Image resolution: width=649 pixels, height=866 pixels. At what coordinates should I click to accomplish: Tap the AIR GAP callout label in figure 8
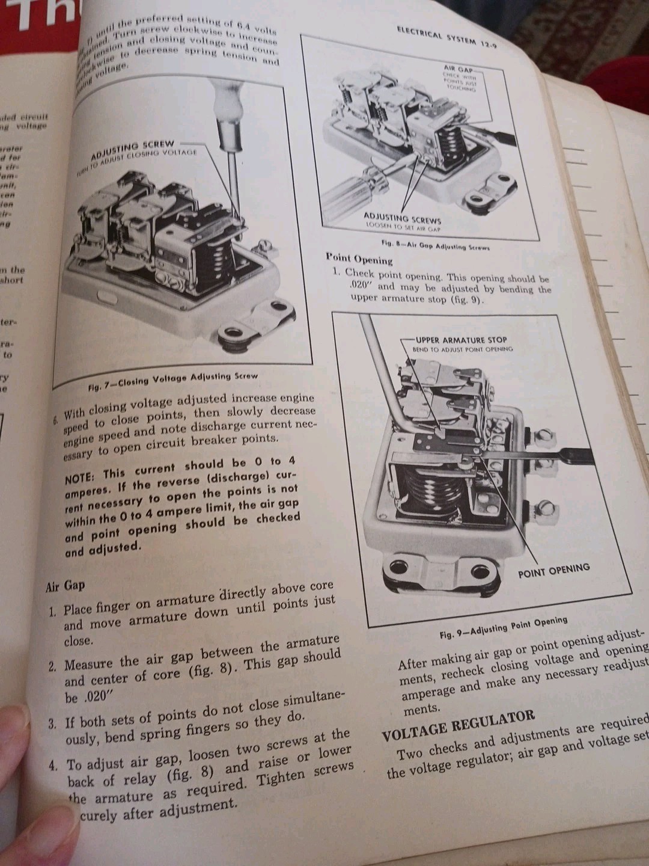[x=458, y=69]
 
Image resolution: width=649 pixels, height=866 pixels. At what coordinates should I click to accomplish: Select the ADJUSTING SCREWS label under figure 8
[x=402, y=218]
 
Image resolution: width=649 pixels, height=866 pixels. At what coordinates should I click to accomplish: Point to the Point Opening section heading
[x=359, y=259]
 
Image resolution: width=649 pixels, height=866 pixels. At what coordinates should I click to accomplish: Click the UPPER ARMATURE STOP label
[x=461, y=340]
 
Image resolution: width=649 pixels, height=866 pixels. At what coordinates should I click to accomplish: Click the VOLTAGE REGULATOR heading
[x=458, y=723]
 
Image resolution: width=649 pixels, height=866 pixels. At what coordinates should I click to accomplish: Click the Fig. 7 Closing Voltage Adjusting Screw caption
[x=173, y=381]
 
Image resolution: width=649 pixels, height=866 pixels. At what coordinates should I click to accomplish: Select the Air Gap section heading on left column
[x=66, y=586]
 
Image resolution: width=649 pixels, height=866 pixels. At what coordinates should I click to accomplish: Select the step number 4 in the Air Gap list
[x=53, y=766]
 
